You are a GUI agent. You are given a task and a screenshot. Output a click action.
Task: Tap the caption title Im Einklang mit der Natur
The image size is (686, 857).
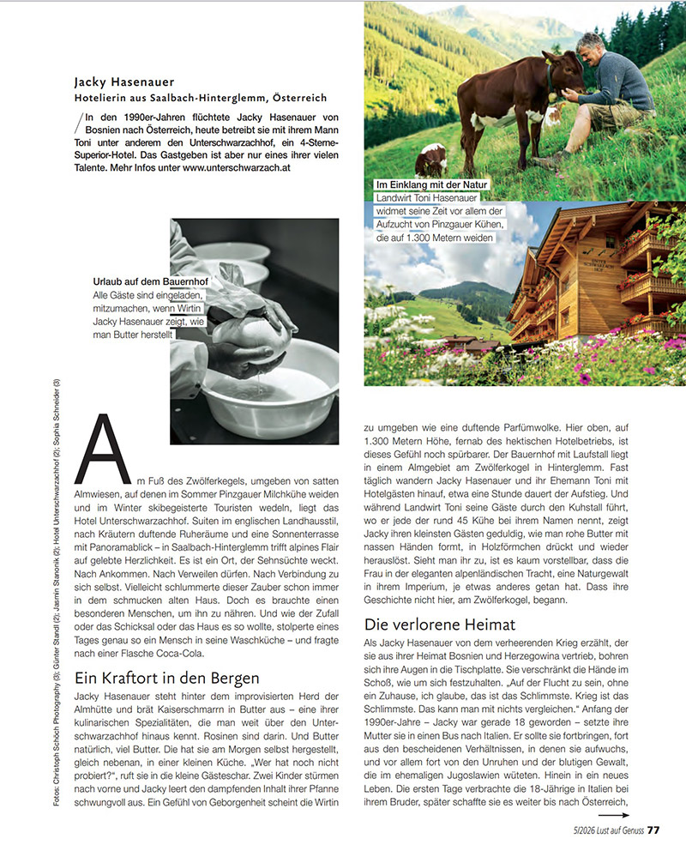point(431,184)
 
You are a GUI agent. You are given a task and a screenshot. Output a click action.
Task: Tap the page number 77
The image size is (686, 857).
point(653,830)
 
